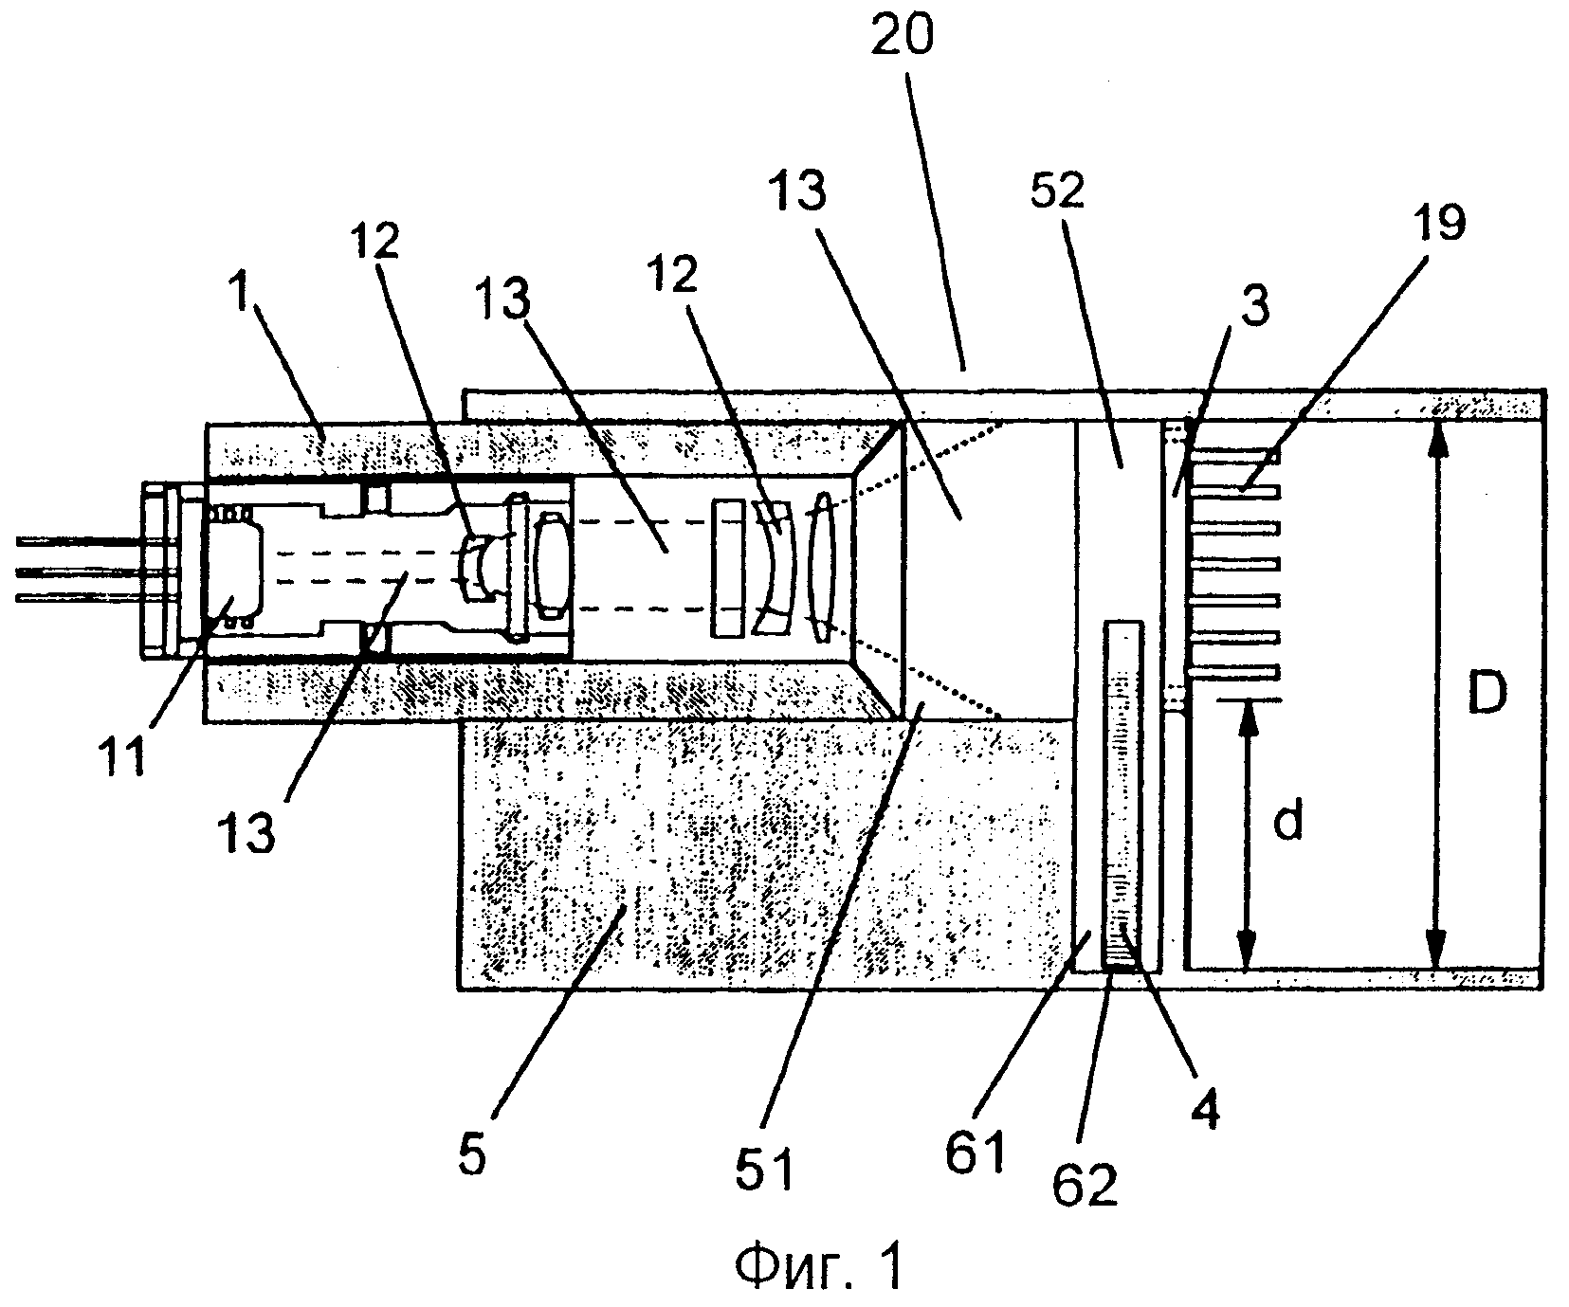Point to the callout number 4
click(x=1205, y=1105)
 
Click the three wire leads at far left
click(x=80, y=570)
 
